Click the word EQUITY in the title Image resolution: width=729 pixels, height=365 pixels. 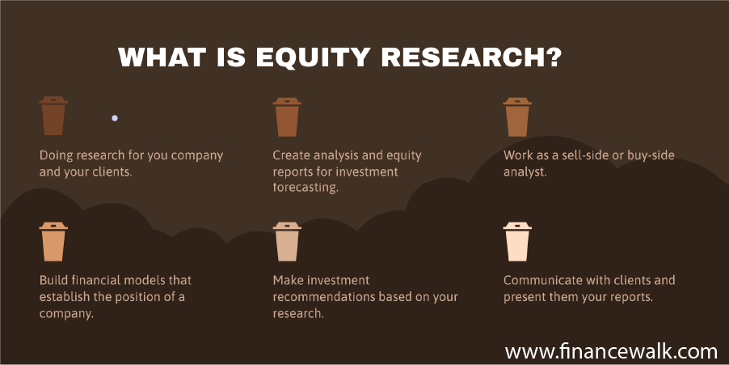314,57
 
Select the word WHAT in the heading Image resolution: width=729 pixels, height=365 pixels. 162,57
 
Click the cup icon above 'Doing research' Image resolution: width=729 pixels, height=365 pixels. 53,116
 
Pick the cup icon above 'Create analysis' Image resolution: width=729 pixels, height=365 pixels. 287,117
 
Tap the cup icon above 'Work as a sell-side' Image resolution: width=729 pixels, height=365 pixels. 517,117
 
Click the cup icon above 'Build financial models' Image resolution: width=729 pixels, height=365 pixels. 53,242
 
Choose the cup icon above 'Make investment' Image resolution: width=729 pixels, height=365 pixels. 287,242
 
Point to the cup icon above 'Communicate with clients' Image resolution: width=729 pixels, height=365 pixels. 517,242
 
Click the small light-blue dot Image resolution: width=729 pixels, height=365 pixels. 115,118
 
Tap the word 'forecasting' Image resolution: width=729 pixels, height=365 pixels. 305,188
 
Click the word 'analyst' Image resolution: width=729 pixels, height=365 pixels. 524,172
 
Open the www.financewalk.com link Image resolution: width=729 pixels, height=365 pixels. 611,351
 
